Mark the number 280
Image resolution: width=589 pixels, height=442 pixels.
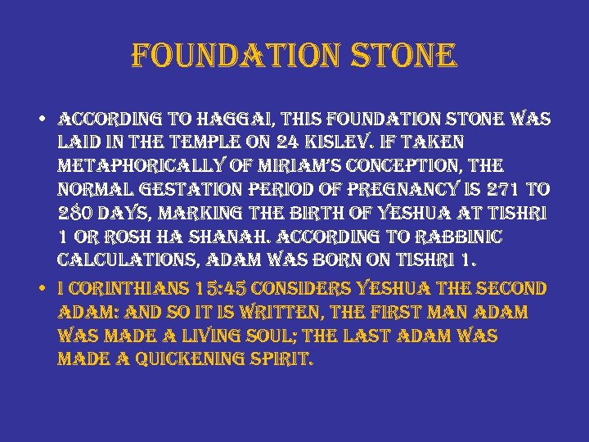click(x=78, y=214)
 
